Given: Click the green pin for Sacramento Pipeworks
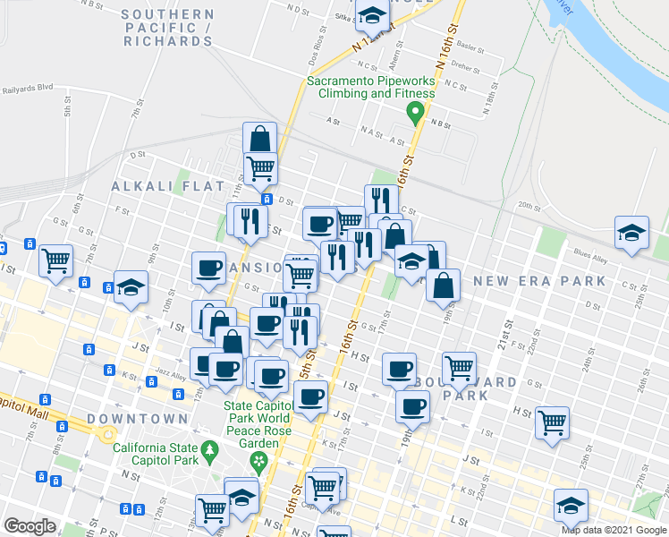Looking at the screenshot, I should click(414, 114).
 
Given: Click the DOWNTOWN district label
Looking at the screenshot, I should click(138, 418).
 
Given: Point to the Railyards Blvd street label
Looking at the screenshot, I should click(29, 89).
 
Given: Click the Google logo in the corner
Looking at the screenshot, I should click(30, 525).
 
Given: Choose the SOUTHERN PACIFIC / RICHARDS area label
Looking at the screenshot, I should click(168, 28).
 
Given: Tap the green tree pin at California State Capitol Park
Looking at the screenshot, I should click(210, 449).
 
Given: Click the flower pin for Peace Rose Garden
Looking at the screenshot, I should click(259, 462).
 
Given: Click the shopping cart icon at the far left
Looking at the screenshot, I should click(56, 260).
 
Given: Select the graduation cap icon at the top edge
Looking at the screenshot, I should click(371, 13).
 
